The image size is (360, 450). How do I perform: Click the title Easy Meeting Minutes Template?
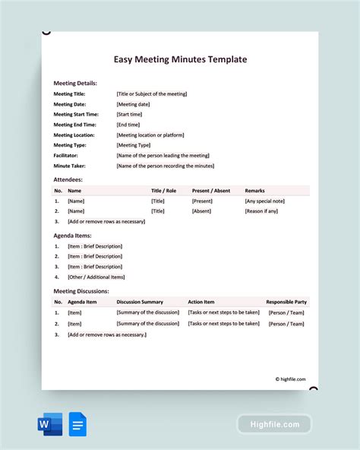click(180, 59)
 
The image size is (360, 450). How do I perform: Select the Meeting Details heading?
click(75, 83)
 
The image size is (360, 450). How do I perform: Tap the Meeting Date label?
click(70, 104)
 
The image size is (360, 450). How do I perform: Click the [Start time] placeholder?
click(129, 115)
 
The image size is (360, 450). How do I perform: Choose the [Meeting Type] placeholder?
click(134, 145)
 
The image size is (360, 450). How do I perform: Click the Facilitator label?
click(65, 155)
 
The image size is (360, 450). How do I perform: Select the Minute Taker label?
click(69, 166)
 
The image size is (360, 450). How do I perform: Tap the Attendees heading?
click(68, 179)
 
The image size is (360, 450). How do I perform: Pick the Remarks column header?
click(255, 191)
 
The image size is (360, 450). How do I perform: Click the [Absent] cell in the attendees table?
click(202, 211)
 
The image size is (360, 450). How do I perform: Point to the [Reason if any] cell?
click(261, 211)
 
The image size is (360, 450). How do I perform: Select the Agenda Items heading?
click(73, 236)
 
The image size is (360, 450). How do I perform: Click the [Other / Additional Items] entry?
click(96, 277)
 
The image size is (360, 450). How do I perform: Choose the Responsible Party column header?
click(286, 302)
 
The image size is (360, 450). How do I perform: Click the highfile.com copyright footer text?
click(290, 379)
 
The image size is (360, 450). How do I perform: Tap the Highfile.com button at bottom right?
click(274, 424)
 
